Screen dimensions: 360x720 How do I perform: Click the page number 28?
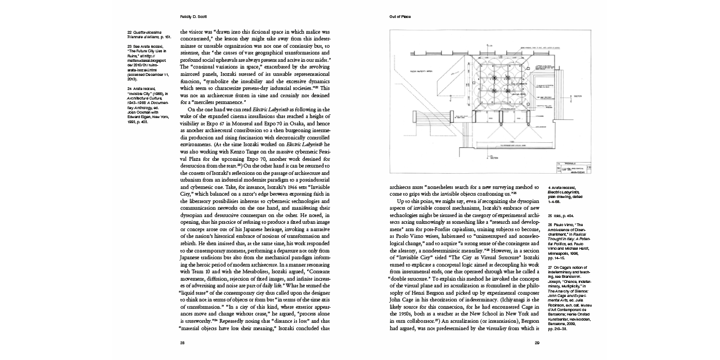pos(182,343)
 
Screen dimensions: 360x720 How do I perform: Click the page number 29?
pos(537,343)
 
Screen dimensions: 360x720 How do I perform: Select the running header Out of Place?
pos(400,17)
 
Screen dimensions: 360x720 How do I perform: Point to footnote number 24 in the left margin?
pos(129,89)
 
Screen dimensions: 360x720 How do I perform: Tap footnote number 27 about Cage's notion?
pos(550,267)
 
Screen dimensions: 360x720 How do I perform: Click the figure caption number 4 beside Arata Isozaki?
pos(549,187)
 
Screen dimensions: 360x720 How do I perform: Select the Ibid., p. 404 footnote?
pos(560,215)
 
